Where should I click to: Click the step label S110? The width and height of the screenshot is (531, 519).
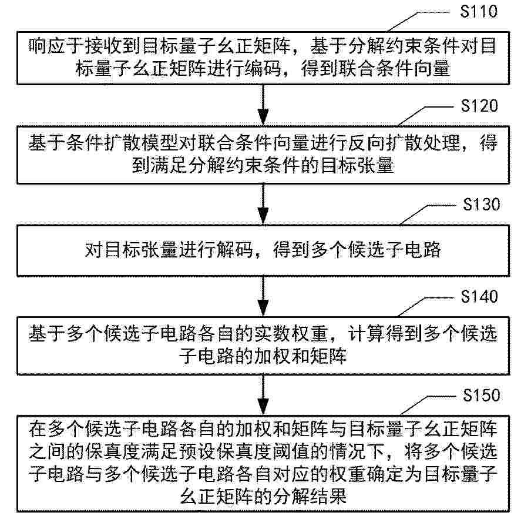point(479,11)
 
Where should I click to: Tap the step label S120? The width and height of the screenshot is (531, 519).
point(479,106)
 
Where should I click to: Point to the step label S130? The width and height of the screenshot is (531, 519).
point(481,205)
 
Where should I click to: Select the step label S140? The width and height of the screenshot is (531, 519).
point(479,296)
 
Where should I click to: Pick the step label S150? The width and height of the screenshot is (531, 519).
point(481,396)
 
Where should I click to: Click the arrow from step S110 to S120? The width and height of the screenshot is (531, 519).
point(263,105)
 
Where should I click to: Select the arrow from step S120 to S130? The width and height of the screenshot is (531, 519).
point(263,205)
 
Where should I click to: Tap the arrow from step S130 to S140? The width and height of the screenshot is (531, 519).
point(263,296)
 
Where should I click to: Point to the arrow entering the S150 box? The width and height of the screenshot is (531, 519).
point(263,395)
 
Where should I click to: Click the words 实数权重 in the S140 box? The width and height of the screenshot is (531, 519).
point(292,333)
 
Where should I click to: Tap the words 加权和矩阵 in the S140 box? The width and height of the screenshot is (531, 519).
point(301,357)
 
